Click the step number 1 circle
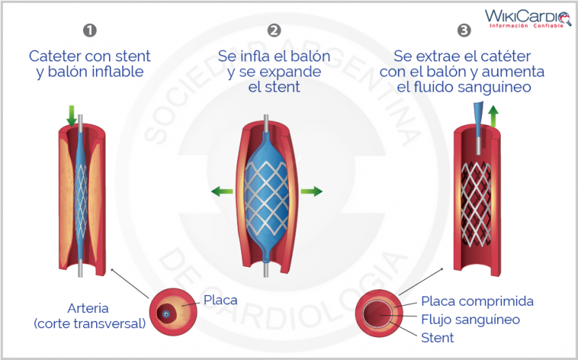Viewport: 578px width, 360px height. (x=90, y=30)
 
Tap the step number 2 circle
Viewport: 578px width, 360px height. (x=274, y=30)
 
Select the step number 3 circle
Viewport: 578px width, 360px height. (x=464, y=30)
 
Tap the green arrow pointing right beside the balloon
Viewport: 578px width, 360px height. (x=311, y=192)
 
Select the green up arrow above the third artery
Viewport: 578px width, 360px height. (x=493, y=115)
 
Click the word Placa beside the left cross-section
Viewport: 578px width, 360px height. (x=220, y=299)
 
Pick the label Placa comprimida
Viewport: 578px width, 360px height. (x=477, y=301)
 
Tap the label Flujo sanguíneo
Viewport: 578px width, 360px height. (x=470, y=319)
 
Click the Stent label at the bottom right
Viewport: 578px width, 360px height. (x=437, y=338)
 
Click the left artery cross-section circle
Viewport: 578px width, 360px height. (x=172, y=313)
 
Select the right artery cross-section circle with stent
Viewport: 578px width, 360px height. (x=381, y=319)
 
